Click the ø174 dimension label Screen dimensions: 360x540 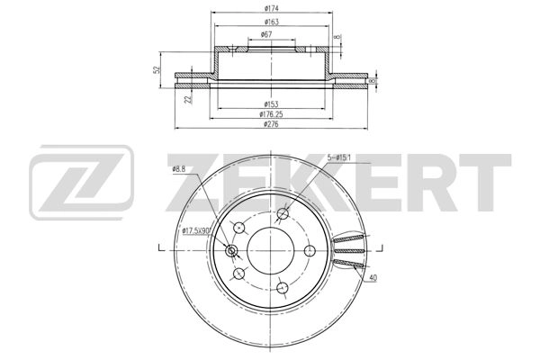point(269,8)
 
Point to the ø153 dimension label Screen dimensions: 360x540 point(269,104)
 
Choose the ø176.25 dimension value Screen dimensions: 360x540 point(269,114)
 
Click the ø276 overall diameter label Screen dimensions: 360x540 point(269,125)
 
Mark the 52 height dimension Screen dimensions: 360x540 point(157,69)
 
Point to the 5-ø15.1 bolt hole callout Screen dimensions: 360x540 point(343,158)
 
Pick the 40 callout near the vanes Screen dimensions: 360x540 point(373,278)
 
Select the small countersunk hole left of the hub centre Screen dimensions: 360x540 point(232,251)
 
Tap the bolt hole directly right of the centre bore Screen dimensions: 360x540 point(309,250)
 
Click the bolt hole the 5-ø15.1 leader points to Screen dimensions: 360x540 point(283,214)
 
